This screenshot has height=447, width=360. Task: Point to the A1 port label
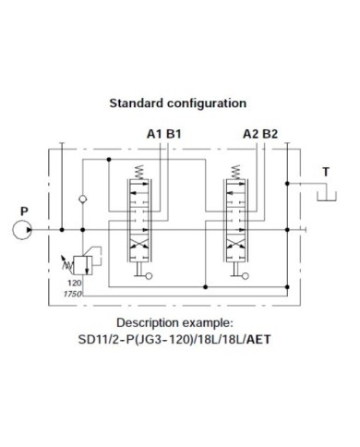[x=153, y=134]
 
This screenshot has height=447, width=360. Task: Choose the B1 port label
[x=174, y=134]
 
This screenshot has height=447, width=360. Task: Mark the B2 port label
[x=270, y=134]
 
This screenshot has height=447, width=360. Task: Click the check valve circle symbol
[x=83, y=199]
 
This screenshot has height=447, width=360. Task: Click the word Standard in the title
[x=138, y=103]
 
